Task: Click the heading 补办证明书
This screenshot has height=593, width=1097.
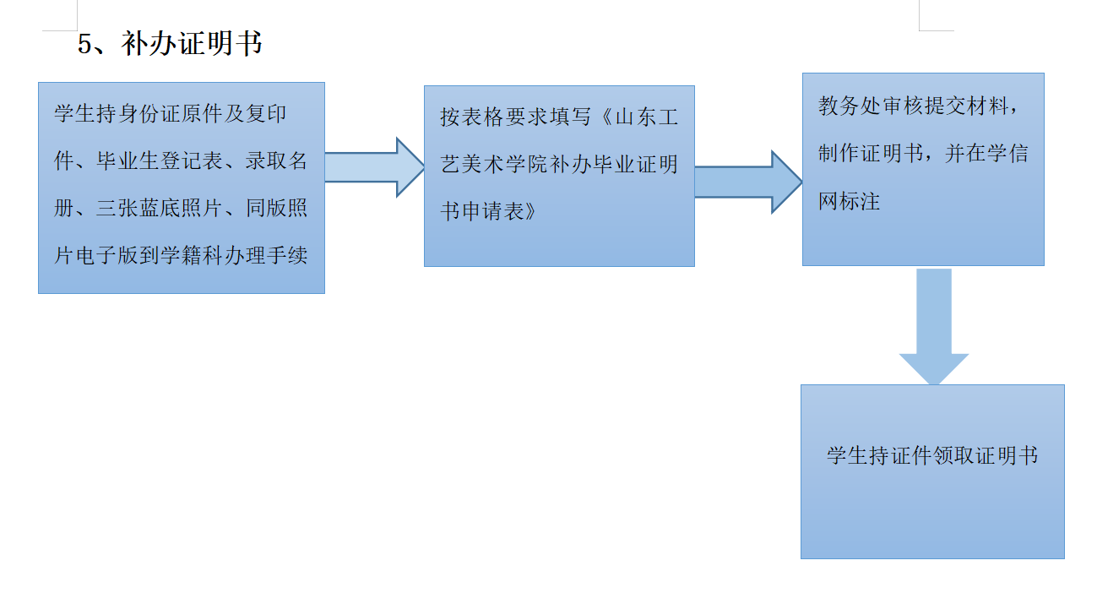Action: (x=192, y=43)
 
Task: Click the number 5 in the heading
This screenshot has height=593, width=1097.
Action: (x=84, y=44)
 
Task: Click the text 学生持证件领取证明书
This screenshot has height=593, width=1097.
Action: (x=932, y=456)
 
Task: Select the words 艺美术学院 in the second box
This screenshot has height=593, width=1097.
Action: (x=493, y=165)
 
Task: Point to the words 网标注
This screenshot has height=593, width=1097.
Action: (x=850, y=201)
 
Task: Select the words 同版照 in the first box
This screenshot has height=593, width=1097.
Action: (x=276, y=209)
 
